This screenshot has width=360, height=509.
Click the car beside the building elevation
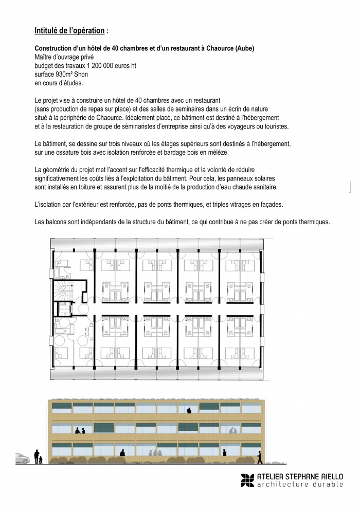[x=22, y=458]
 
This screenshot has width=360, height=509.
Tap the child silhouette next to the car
[x=41, y=459]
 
